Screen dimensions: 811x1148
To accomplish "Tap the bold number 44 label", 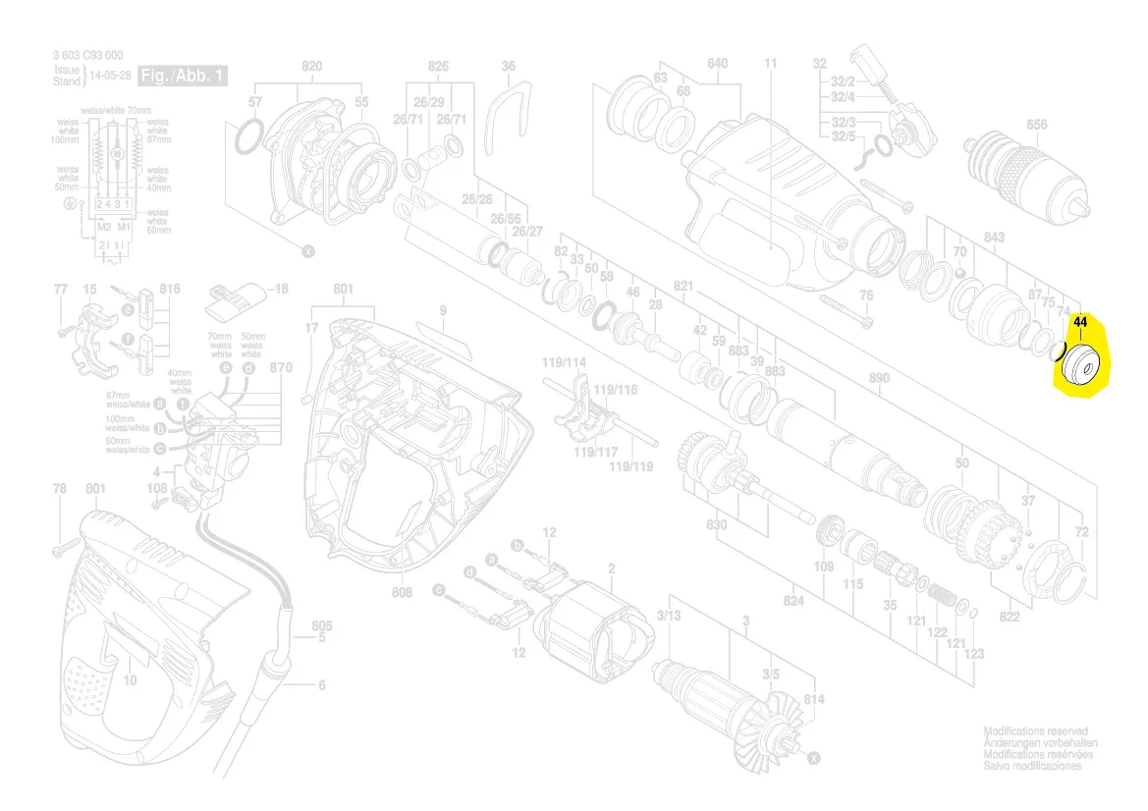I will (1080, 322).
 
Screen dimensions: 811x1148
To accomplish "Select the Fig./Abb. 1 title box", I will (183, 76).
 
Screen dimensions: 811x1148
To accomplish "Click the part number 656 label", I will (1036, 125).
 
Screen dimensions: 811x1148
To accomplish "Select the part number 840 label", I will (717, 65).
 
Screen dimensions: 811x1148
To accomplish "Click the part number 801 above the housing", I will (343, 290).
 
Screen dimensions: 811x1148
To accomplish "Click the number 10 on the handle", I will (130, 680).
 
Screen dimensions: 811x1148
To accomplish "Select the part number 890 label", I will (879, 378).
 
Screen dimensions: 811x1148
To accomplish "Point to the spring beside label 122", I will (943, 596).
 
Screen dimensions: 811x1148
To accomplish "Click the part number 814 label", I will (814, 699).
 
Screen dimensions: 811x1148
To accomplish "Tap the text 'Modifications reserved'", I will (1035, 731).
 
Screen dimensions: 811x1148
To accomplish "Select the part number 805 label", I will (322, 625).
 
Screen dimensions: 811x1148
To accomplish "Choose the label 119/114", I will (564, 363).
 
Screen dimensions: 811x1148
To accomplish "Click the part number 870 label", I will (282, 368).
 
